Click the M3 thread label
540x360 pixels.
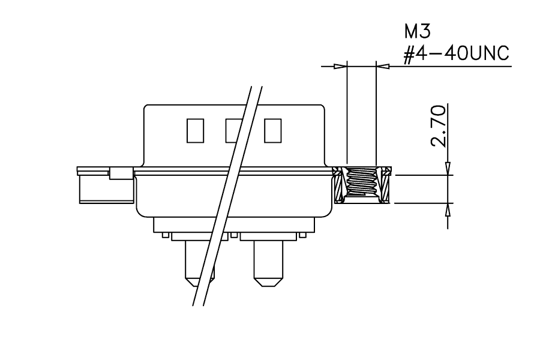point(418,31)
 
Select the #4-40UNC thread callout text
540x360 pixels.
point(456,53)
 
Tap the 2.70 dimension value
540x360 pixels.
point(438,126)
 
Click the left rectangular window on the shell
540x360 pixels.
point(195,131)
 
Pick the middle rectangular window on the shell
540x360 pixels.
point(234,131)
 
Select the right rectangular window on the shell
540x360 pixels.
point(273,131)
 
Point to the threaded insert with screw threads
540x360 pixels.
point(362,185)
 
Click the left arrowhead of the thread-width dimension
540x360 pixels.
point(340,66)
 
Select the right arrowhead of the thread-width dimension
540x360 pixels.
point(383,66)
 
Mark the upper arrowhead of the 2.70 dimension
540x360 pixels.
point(448,169)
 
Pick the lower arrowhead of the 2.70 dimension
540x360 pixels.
point(448,209)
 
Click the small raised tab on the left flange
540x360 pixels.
point(121,173)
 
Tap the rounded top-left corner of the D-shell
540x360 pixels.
point(146,107)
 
